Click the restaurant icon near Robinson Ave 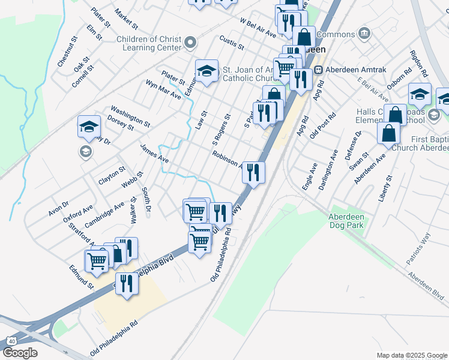click(x=253, y=172)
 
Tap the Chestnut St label click(x=67, y=52)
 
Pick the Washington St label click(x=130, y=116)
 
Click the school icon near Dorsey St click(x=89, y=127)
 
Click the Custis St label click(x=232, y=43)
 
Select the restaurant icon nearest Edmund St click(x=126, y=283)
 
